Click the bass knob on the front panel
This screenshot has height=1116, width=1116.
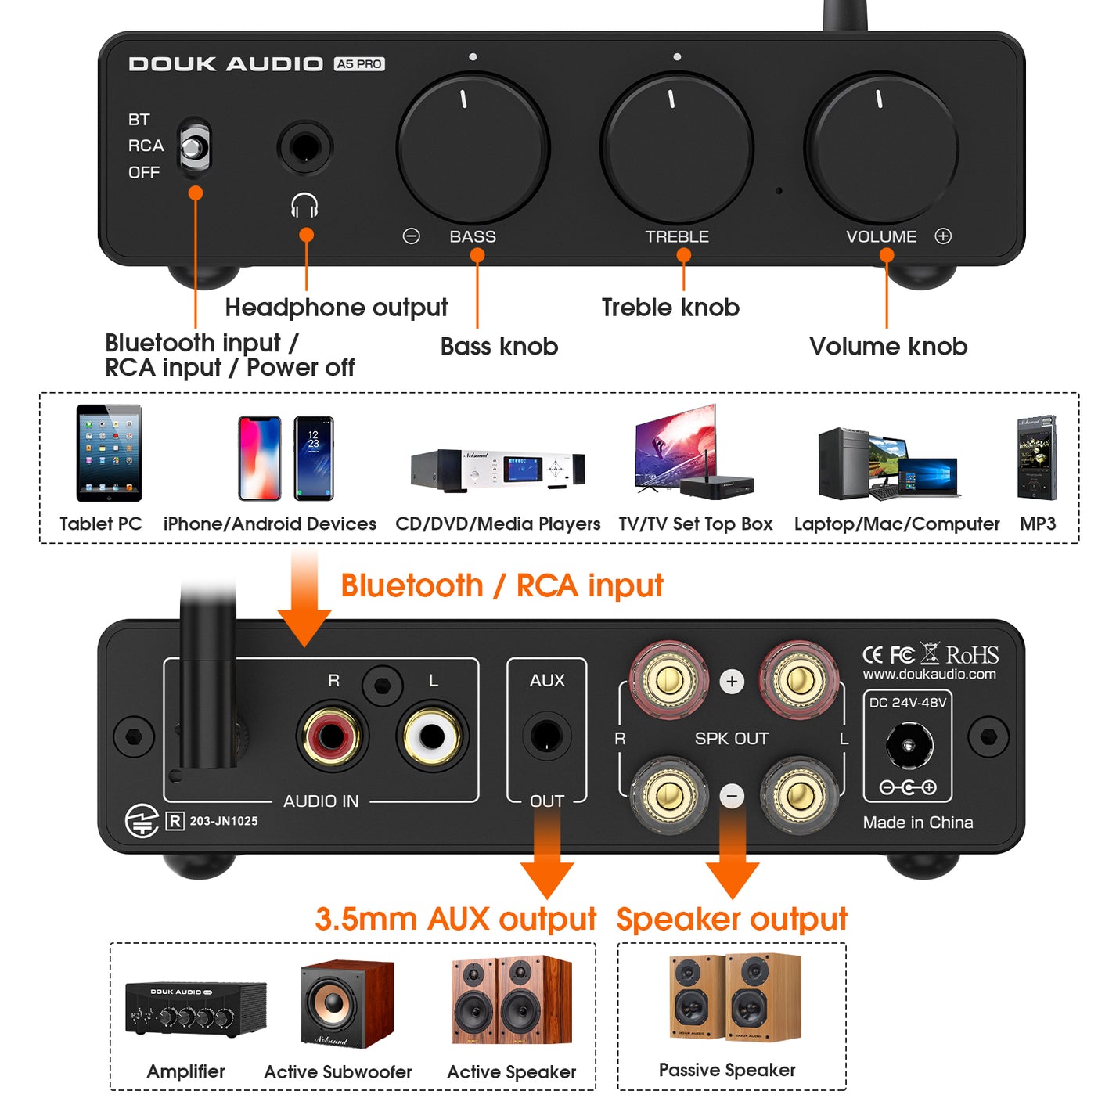(473, 148)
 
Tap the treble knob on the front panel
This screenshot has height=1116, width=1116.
(677, 148)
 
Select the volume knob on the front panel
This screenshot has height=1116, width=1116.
(881, 148)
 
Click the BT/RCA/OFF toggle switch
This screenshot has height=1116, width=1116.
(194, 146)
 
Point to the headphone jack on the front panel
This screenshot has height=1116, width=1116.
(305, 147)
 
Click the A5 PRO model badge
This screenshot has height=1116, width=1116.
(359, 64)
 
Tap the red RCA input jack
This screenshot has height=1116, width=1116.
(332, 736)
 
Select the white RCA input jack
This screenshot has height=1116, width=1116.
(432, 736)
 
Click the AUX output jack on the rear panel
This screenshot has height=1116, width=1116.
(546, 736)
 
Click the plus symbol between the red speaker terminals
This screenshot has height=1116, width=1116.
(732, 682)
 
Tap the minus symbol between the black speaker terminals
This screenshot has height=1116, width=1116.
(732, 796)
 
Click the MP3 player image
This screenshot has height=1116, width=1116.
(1037, 458)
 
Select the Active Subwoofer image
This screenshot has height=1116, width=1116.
(347, 1003)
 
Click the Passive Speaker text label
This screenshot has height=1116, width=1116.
(727, 1070)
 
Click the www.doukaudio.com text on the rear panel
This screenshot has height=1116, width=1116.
(929, 674)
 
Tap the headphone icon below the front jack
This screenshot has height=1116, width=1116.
(304, 206)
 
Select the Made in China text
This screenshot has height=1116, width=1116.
(918, 823)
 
